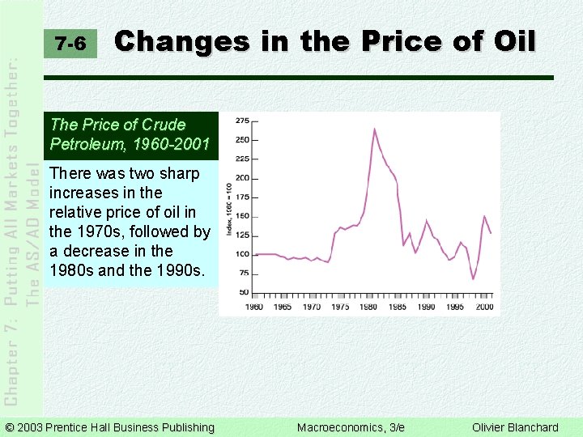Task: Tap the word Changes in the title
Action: click(181, 40)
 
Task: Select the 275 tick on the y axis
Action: click(242, 121)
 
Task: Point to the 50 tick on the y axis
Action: click(244, 292)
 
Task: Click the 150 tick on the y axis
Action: click(242, 216)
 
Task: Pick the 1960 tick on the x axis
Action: click(253, 307)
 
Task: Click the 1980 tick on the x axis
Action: click(369, 307)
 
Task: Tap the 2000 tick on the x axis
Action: click(484, 307)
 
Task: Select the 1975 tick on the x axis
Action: click(340, 307)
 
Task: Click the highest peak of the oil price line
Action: click(374, 129)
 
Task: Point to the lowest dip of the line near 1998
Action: click(473, 279)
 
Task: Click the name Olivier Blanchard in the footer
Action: click(515, 427)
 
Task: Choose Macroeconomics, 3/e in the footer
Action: click(351, 427)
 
